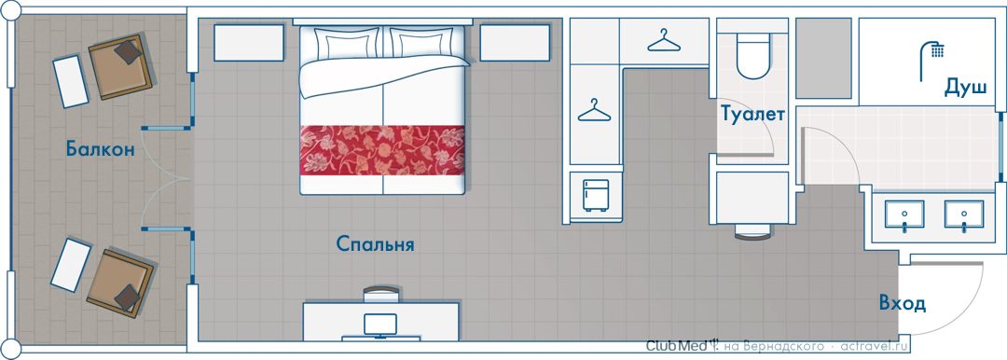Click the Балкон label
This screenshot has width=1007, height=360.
coord(100,150)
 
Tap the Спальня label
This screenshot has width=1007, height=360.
coord(375,244)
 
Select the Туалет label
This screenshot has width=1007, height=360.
coord(752,115)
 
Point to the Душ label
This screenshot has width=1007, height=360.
coord(965,88)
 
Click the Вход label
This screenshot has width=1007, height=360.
coord(903,303)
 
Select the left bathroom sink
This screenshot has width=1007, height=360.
coord(904,215)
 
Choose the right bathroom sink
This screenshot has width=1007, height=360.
coord(963,215)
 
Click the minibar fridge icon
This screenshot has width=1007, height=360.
coord(595,195)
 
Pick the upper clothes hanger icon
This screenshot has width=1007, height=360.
coord(664,40)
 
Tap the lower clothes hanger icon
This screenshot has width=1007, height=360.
coord(594,110)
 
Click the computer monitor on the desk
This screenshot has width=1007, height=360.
coord(380,325)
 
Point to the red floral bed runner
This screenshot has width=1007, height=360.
coord(382,150)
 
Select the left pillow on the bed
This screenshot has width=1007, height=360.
coord(343,45)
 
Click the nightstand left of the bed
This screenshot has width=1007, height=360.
coord(249,42)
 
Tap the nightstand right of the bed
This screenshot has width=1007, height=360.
coord(515,42)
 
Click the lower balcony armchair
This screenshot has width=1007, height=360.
coord(120,283)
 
